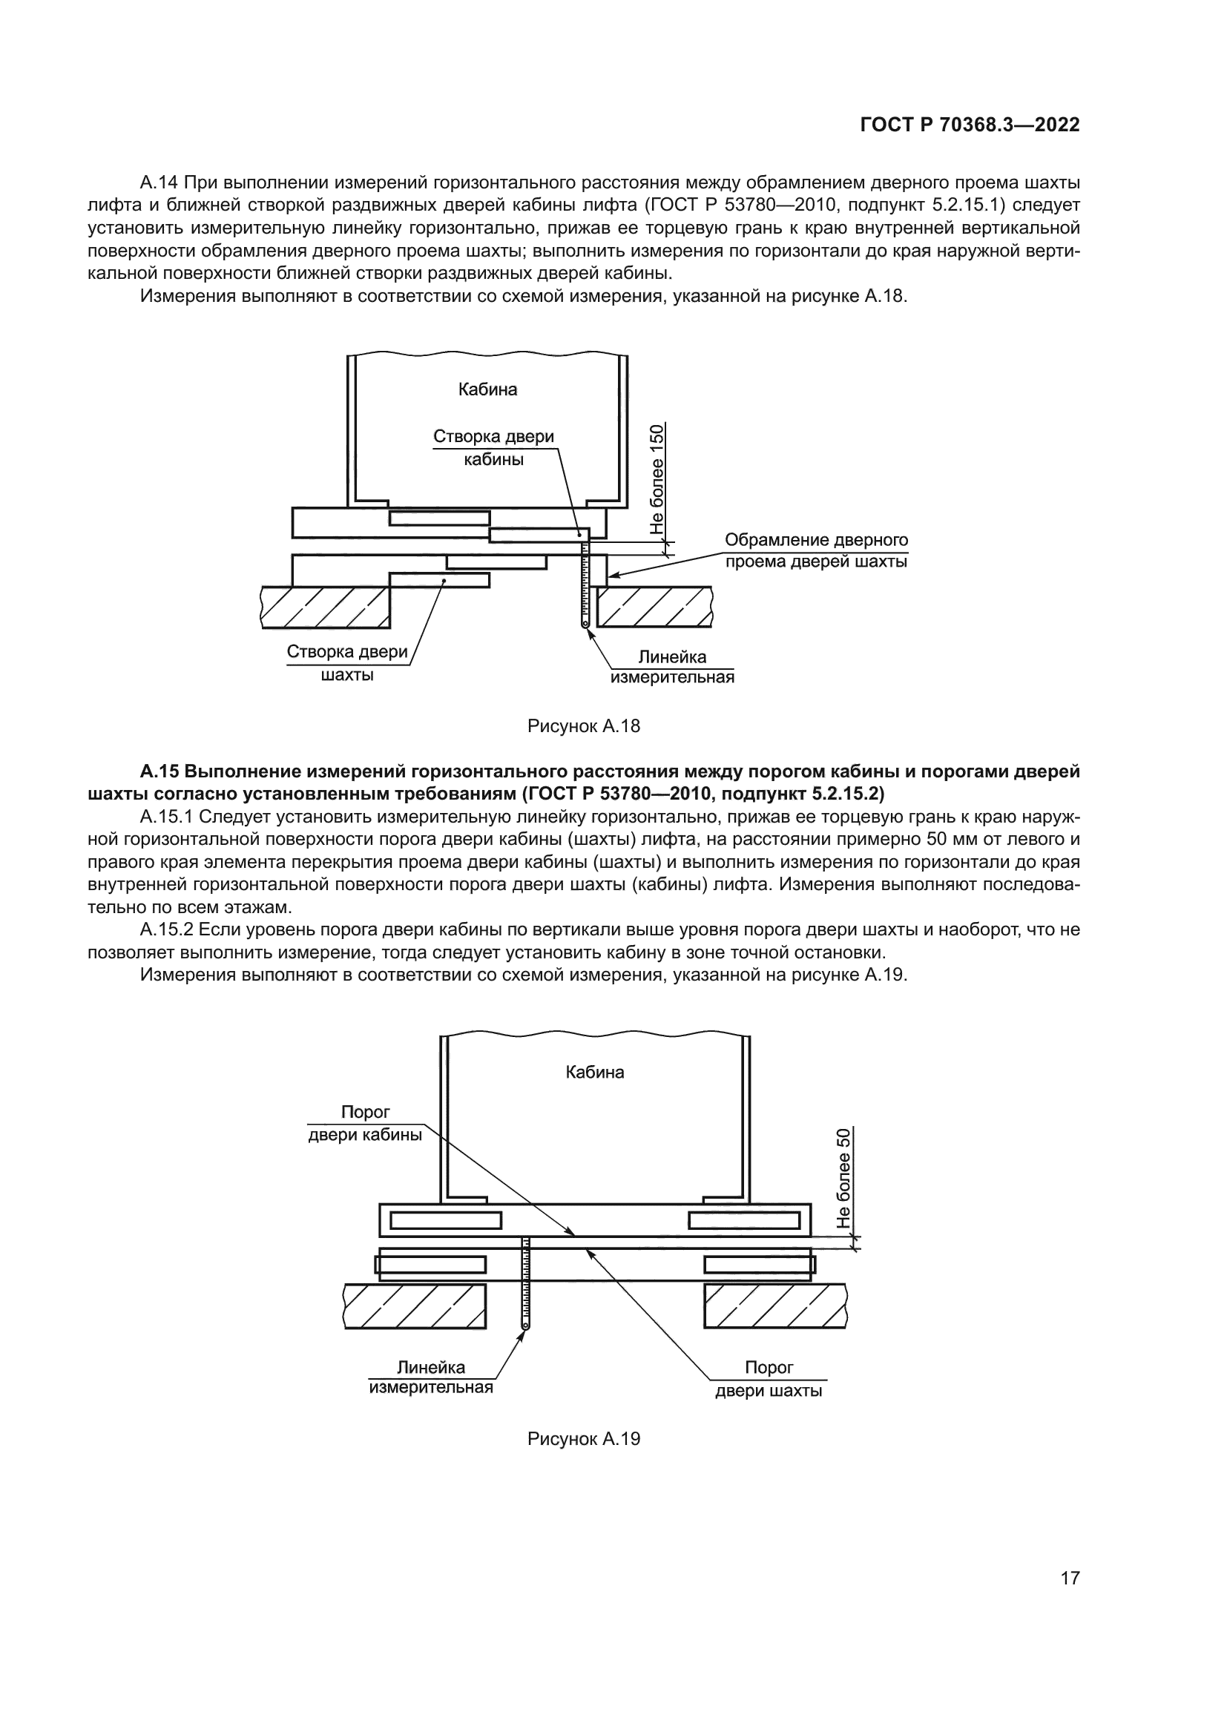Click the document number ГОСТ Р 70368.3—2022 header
[x=970, y=125]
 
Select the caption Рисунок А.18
[x=583, y=726]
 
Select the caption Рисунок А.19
[x=583, y=1439]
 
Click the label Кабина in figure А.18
[x=487, y=390]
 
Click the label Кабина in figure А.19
[x=595, y=1072]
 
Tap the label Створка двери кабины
[x=493, y=447]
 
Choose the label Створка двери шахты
[x=346, y=662]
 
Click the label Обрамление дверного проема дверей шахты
[x=816, y=551]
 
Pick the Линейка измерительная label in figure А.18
[x=672, y=667]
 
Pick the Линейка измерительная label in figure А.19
[x=431, y=1377]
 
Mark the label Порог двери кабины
[x=365, y=1123]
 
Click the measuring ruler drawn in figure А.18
[x=585, y=590]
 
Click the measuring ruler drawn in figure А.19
[x=526, y=1285]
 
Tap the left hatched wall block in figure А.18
[x=326, y=607]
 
